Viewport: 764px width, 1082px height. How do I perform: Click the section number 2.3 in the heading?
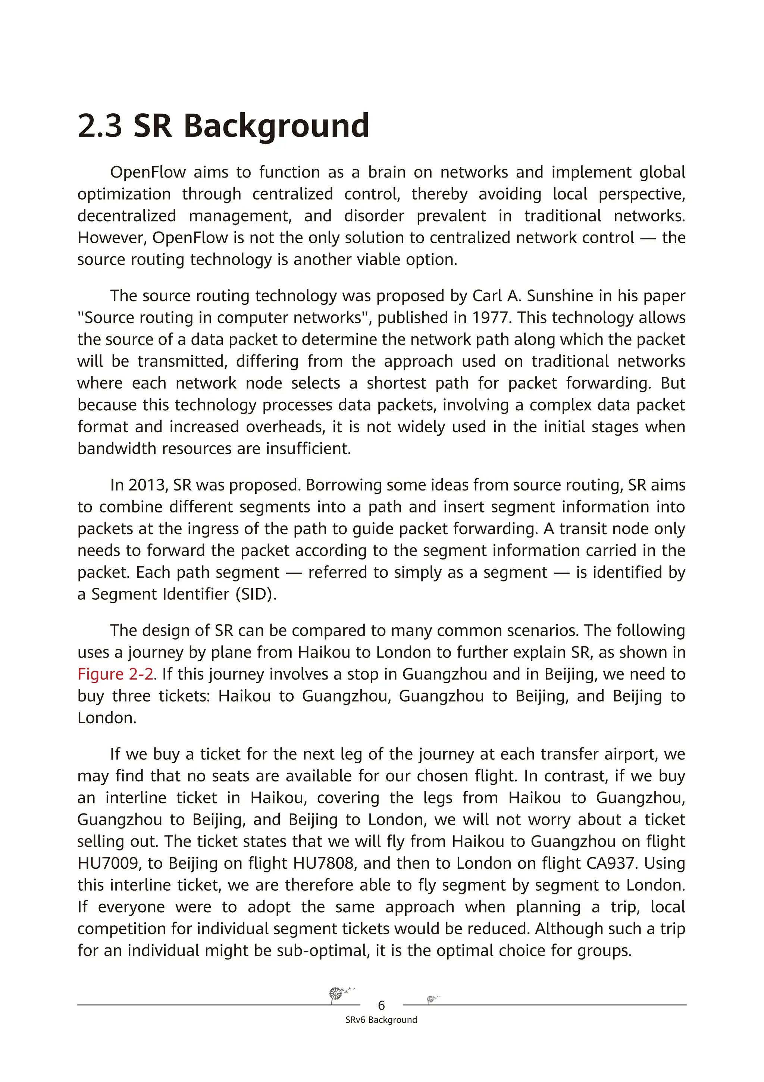100,126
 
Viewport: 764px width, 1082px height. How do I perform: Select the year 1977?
492,318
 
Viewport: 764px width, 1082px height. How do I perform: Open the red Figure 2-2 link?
116,674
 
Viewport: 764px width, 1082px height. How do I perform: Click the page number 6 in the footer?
381,1005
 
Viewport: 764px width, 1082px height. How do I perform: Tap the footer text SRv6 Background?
381,1020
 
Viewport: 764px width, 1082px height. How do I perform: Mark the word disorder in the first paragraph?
374,216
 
